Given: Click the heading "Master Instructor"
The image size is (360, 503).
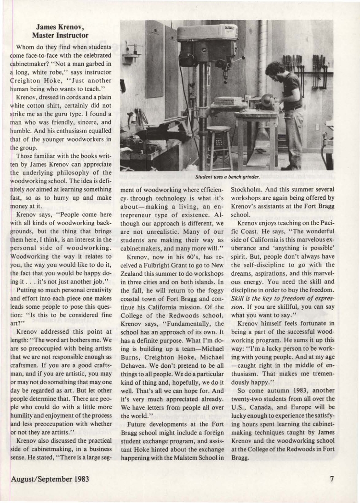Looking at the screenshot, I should click(60, 35).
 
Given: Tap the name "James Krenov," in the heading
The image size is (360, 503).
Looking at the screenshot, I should click(60, 27).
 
